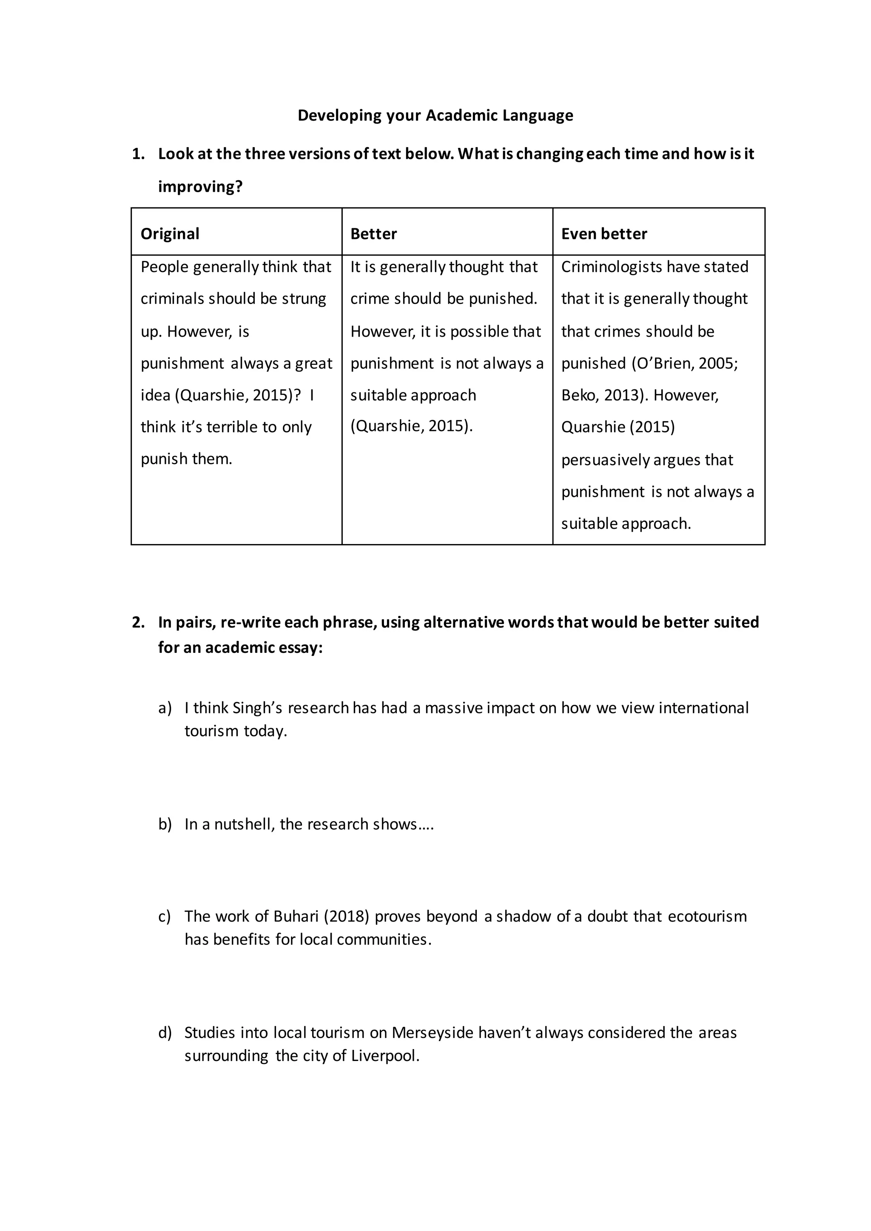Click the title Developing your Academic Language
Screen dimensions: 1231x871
(435, 115)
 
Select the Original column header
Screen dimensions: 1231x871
(170, 234)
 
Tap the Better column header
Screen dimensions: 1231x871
(373, 234)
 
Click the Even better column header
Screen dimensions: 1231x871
(604, 234)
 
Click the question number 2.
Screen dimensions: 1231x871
(138, 622)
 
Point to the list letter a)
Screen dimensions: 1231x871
(165, 708)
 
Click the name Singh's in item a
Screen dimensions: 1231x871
(257, 708)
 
